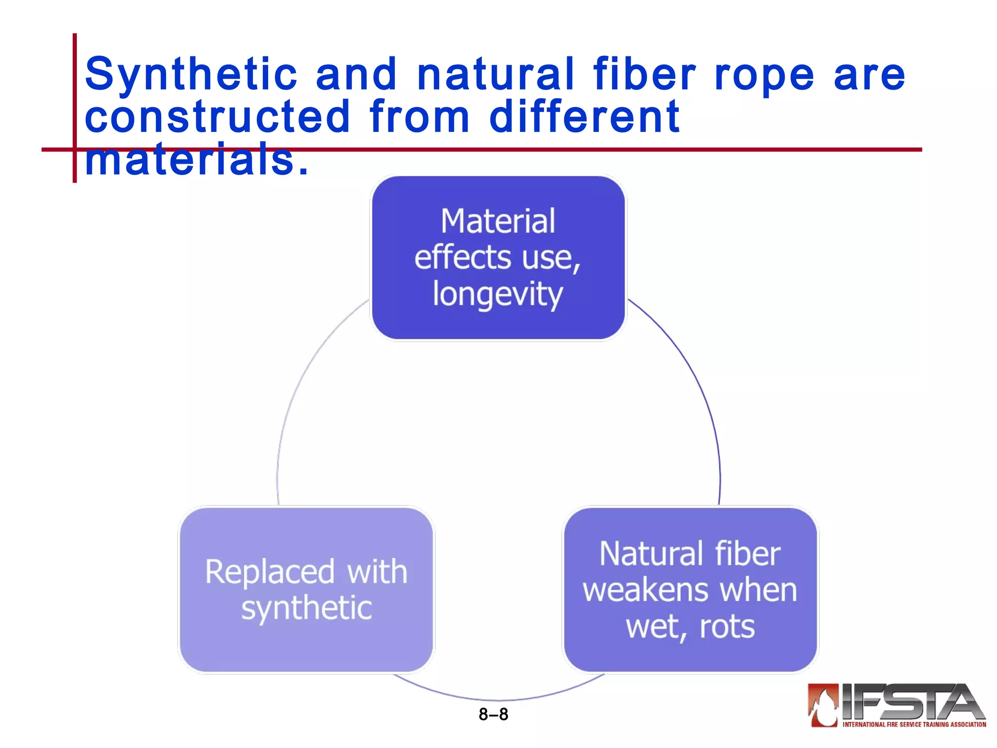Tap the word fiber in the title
click(644, 74)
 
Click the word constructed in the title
click(217, 117)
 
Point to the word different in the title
click(584, 117)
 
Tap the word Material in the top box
click(498, 222)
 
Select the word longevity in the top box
click(498, 295)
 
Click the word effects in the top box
click(462, 258)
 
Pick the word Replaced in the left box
click(270, 572)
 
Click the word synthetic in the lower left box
click(307, 609)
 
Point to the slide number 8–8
click(493, 714)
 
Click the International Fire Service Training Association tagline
click(914, 725)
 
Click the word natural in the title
click(496, 74)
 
